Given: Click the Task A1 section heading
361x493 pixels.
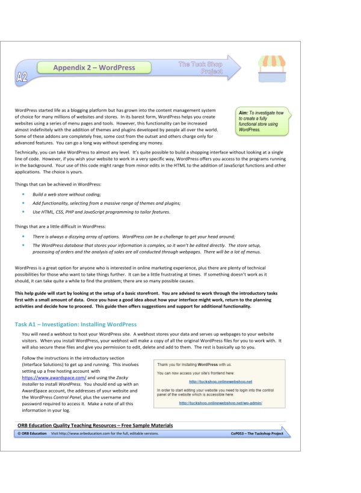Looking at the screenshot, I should click(x=76, y=324).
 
